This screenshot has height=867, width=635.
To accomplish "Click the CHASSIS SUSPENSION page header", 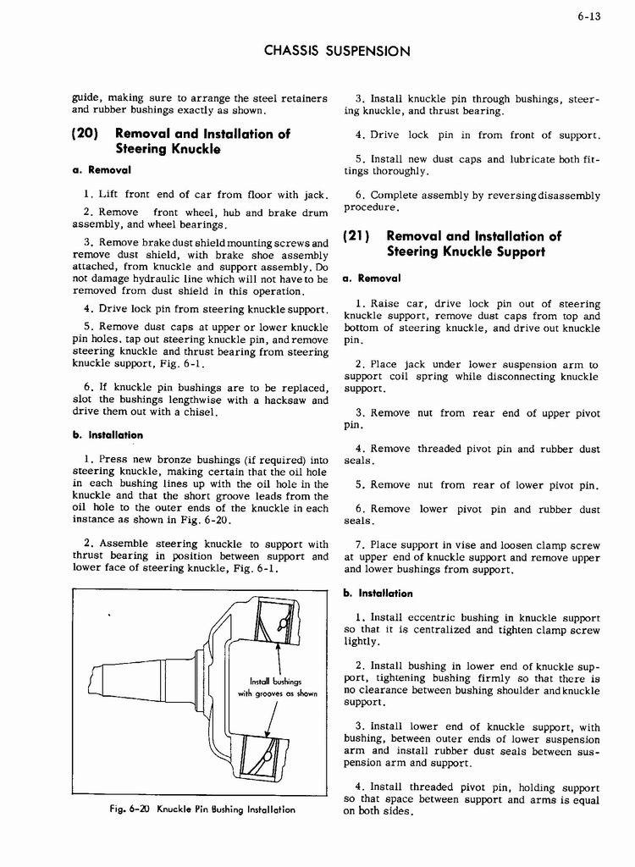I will pos(337,51).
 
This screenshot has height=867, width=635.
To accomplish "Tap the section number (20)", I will pos(87,134).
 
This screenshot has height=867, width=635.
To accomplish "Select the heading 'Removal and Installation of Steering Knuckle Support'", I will pos(473,244).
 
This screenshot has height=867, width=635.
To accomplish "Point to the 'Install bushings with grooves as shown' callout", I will pos(270,688).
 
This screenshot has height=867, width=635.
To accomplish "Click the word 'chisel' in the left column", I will pos(200,413).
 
